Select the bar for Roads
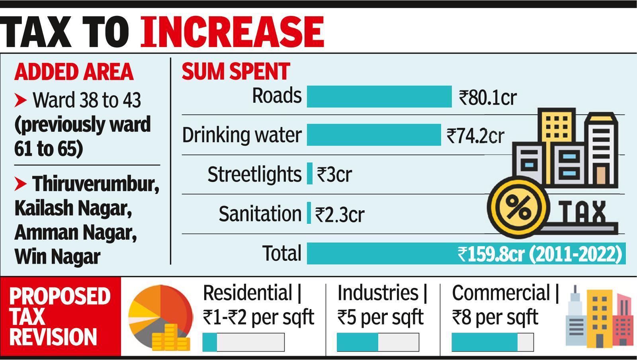(x=379, y=96)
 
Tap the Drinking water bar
(x=374, y=135)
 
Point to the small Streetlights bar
(x=310, y=174)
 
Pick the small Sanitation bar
(x=309, y=213)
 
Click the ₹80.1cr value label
(x=488, y=97)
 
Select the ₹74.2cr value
(x=475, y=136)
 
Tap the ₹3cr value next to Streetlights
(x=334, y=174)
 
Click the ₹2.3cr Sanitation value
(x=340, y=214)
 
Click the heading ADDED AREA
(x=74, y=72)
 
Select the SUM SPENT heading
(x=236, y=72)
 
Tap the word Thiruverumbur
(x=96, y=184)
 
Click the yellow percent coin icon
(x=517, y=207)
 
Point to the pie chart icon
(x=159, y=315)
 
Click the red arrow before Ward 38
(x=21, y=100)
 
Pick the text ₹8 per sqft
(x=495, y=317)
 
